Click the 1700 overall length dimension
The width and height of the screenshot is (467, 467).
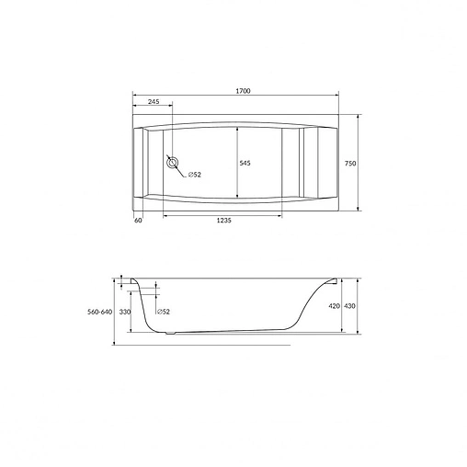click(x=243, y=90)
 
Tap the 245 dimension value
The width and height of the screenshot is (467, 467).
click(x=154, y=101)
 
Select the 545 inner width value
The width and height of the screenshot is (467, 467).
click(x=245, y=163)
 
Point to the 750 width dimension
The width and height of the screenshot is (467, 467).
click(x=349, y=163)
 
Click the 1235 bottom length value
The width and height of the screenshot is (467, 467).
click(x=222, y=221)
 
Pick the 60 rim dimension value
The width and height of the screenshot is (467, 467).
click(x=138, y=221)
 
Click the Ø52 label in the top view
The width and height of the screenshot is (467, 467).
click(x=195, y=175)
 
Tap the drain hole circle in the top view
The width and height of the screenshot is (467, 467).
click(x=172, y=164)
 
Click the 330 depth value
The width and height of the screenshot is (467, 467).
click(x=126, y=313)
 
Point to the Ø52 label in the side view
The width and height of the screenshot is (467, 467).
click(x=163, y=313)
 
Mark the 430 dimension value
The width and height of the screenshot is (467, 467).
click(x=349, y=306)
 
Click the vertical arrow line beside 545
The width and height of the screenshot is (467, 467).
click(x=238, y=163)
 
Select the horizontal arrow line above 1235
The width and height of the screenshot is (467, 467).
click(x=223, y=215)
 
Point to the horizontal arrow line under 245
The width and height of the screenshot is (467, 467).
click(x=152, y=107)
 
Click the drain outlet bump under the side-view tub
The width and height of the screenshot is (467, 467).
click(x=168, y=334)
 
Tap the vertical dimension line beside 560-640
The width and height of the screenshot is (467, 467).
click(x=115, y=311)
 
